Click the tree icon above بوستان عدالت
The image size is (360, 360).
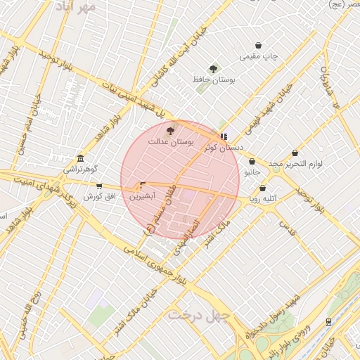pos(169,129)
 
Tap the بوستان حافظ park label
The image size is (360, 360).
pos(213,80)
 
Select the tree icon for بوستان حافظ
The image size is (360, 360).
pos(213,69)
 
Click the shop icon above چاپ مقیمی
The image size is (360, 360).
pos(259,45)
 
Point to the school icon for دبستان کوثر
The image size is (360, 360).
pos(224,137)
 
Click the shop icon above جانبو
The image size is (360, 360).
pos(252,161)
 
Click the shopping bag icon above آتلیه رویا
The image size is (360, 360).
pos(263,188)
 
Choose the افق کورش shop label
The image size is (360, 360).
pos(99,196)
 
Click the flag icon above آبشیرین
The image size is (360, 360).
pos(143,186)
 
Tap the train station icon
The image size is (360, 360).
pos(328,321)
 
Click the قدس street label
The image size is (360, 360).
pos(286,226)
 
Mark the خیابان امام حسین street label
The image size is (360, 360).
pos(35,112)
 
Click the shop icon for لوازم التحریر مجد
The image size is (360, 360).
pos(295,153)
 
